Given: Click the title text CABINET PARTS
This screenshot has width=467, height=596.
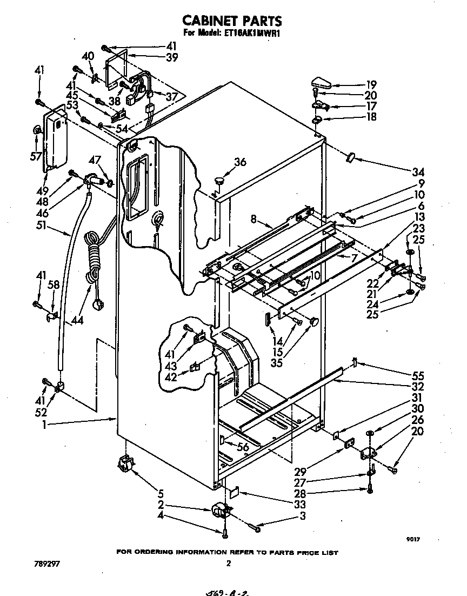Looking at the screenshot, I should pyautogui.click(x=232, y=21).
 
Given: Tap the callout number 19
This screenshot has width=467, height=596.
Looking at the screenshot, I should pyautogui.click(x=371, y=84).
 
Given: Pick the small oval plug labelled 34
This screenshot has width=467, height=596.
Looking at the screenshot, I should pyautogui.click(x=350, y=157).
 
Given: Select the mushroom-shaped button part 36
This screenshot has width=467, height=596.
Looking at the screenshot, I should pyautogui.click(x=219, y=179).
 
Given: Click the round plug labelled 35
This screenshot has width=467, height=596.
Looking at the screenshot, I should pyautogui.click(x=313, y=322).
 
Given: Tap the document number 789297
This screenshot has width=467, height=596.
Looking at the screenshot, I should pyautogui.click(x=45, y=564).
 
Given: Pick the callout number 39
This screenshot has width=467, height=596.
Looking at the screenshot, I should pyautogui.click(x=172, y=57).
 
